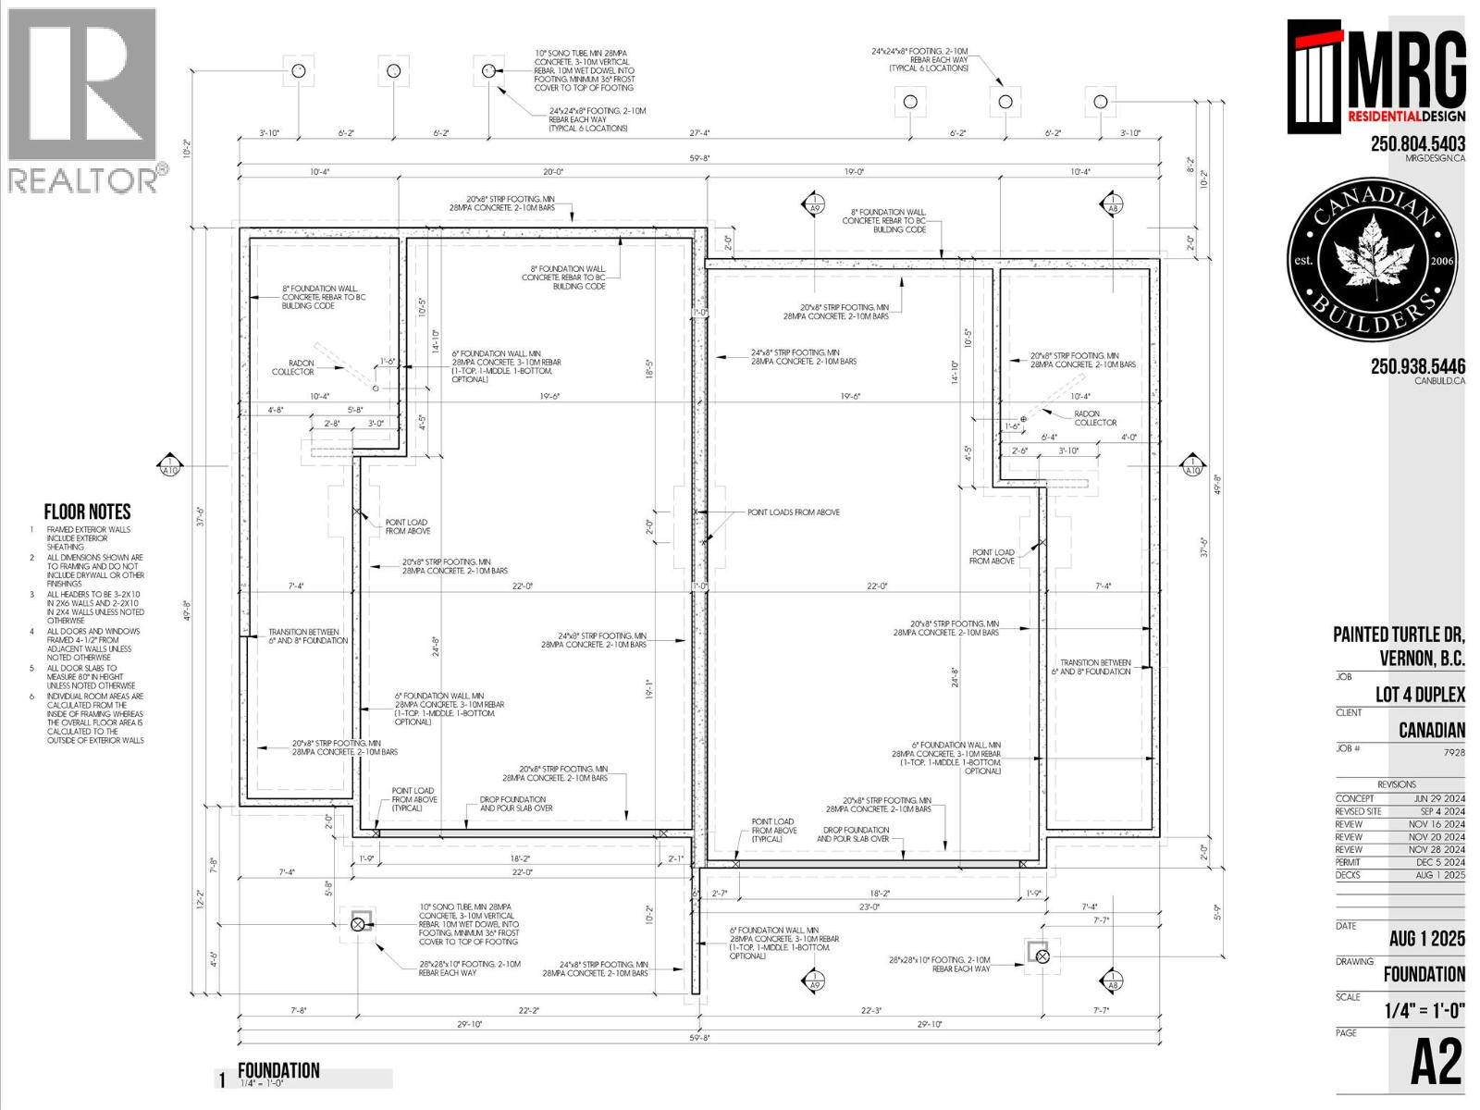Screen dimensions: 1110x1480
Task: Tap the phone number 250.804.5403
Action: (x=1417, y=143)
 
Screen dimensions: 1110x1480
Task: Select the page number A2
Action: (x=1436, y=1063)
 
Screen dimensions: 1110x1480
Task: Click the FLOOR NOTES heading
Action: (x=87, y=512)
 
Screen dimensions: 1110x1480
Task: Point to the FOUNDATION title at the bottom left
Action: (x=278, y=1070)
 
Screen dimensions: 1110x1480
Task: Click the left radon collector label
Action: (x=293, y=367)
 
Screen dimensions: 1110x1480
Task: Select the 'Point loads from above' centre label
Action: (x=793, y=512)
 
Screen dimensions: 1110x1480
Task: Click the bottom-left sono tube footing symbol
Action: (x=359, y=923)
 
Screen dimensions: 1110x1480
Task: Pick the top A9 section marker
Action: (x=814, y=204)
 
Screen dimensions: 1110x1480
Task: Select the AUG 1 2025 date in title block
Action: (x=1426, y=939)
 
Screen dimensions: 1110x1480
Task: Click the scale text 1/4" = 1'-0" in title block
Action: (x=1424, y=1010)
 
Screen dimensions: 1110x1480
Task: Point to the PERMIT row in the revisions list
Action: (x=1400, y=862)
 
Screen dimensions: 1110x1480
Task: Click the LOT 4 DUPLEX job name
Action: (x=1419, y=695)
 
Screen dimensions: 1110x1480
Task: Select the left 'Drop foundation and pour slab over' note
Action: (x=515, y=804)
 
